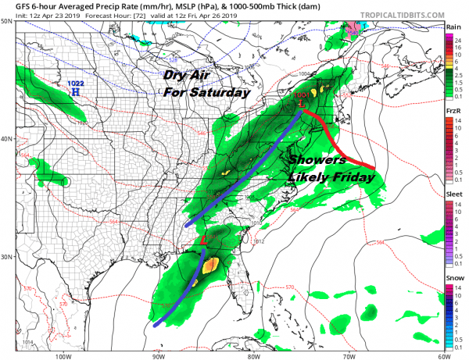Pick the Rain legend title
coord(453,27)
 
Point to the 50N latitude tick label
coord(6,22)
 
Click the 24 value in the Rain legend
coord(461,37)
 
